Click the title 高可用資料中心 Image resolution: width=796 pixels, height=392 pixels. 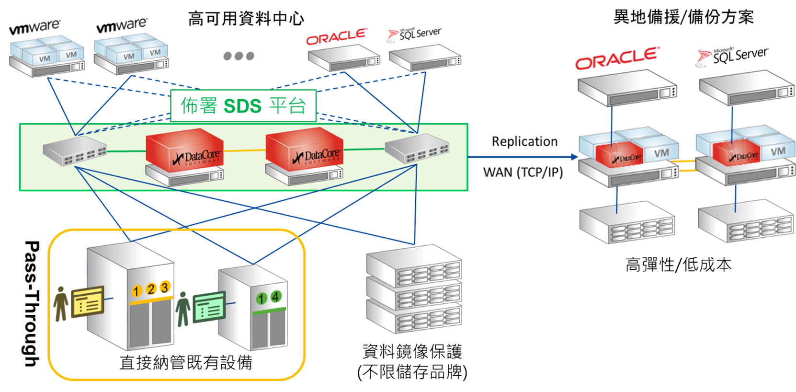(x=246, y=19)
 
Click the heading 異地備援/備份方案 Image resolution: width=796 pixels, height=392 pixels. (x=683, y=17)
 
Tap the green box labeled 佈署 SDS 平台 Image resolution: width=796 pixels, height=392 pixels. (x=243, y=106)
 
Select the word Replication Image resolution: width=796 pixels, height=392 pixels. (x=524, y=141)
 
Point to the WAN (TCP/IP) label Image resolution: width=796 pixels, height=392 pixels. (x=523, y=172)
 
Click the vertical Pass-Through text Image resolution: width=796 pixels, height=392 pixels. (x=32, y=303)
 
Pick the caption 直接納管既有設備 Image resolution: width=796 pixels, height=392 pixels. (x=186, y=362)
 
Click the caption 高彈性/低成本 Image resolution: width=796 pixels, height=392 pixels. (x=678, y=265)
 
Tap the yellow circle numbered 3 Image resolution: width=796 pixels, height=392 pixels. (x=165, y=287)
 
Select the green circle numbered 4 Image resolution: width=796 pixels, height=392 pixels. (x=275, y=297)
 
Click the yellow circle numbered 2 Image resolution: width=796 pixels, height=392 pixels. (x=151, y=289)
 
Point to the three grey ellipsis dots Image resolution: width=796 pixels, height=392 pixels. (x=239, y=56)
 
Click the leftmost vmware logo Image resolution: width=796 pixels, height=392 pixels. (x=34, y=27)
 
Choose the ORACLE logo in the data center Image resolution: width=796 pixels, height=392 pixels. (x=336, y=37)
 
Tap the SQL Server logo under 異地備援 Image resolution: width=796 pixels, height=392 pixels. (x=733, y=56)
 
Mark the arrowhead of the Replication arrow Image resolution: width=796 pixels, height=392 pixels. (x=575, y=157)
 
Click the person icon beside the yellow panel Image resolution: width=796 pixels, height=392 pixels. (x=60, y=303)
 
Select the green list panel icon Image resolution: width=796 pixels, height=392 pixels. (x=209, y=307)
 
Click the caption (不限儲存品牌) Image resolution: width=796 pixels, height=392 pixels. (x=412, y=372)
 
